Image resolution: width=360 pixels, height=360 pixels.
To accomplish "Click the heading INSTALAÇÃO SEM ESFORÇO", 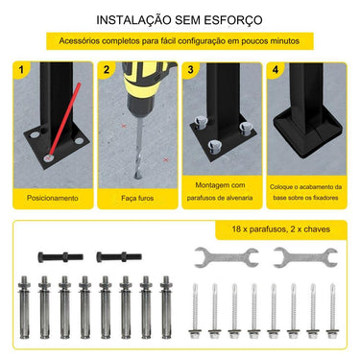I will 180,19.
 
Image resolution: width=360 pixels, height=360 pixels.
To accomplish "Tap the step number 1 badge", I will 22,70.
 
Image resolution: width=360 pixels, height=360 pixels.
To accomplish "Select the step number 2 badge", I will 107,70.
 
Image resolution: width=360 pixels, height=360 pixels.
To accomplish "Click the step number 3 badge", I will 191,70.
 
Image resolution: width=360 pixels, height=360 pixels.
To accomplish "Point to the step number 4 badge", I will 275,70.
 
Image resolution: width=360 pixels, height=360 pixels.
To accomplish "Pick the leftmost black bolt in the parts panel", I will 59,256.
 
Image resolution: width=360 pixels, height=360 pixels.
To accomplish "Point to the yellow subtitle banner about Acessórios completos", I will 180,42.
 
